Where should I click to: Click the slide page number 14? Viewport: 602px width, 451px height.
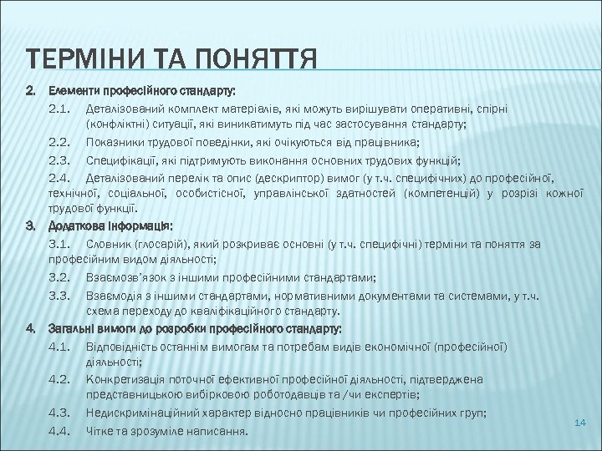[579, 424]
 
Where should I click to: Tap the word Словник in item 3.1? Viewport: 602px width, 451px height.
[105, 243]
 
